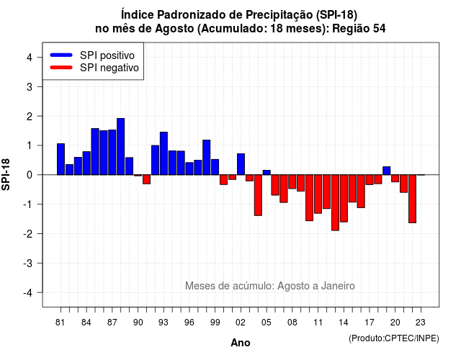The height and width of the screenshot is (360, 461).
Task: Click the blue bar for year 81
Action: coord(61,159)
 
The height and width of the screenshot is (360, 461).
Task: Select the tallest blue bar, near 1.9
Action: coord(121,147)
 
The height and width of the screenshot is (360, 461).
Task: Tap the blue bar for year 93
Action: coord(164,153)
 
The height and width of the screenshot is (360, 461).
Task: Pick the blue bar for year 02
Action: coord(241,164)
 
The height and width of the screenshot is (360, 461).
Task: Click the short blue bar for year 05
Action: coord(267,173)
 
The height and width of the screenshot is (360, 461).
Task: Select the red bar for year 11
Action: coord(318,194)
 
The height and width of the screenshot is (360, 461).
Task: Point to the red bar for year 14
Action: coord(344,199)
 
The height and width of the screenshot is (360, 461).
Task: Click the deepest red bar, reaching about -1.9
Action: coord(335,202)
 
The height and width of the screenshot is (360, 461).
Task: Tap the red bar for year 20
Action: coord(395,179)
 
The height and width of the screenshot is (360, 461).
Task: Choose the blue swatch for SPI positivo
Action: coord(61,55)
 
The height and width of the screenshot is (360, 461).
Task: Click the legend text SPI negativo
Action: coord(109,68)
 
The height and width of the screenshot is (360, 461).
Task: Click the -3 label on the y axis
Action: coord(28,264)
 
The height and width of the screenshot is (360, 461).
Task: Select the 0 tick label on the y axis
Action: coord(30,175)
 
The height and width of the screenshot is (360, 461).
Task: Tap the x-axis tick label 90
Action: coord(138,323)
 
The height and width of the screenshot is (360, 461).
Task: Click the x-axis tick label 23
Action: coord(421,323)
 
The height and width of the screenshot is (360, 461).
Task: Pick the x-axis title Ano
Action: coord(241,343)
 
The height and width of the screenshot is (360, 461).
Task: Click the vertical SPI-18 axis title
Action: coord(6,175)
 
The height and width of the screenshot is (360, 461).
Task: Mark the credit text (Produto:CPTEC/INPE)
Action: coord(394,338)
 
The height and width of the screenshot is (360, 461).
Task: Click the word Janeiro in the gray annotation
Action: coord(338,286)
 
